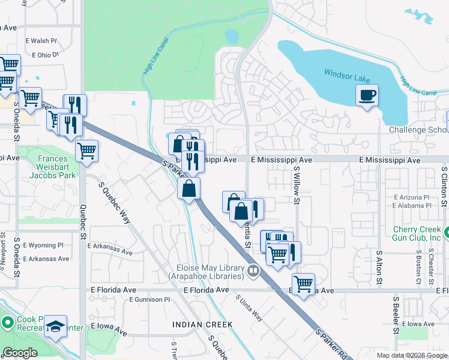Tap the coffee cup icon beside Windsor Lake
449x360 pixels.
click(367, 94)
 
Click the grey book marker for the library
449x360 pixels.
click(253, 272)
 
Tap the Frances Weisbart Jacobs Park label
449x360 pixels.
click(56, 167)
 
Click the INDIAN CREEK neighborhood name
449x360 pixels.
click(202, 325)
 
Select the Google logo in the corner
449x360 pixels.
click(20, 353)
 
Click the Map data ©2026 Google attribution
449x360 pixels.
click(412, 355)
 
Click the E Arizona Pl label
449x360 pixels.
click(412, 197)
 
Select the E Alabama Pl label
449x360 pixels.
click(412, 205)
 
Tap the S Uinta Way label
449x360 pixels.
click(249, 307)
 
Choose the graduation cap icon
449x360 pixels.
click(56, 326)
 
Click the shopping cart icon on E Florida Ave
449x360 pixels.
click(304, 283)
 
